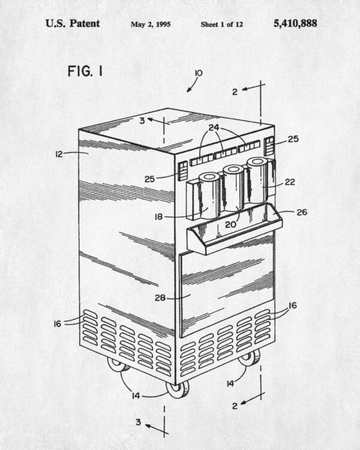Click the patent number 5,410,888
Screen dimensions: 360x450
295,24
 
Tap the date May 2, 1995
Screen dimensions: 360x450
151,25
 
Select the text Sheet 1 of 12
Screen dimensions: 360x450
221,25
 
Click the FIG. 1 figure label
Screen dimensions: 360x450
85,71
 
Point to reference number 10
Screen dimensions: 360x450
199,73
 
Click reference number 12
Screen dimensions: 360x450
59,154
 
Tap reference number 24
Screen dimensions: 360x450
214,128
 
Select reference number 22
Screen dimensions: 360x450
290,182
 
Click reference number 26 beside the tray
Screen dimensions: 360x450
302,212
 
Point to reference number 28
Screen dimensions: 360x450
160,298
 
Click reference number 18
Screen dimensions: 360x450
158,217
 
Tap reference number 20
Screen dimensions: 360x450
230,225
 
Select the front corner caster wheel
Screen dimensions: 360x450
178,389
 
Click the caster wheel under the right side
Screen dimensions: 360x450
249,358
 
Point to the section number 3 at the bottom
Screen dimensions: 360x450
139,422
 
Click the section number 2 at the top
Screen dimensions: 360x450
235,92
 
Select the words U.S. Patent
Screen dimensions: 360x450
73,23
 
